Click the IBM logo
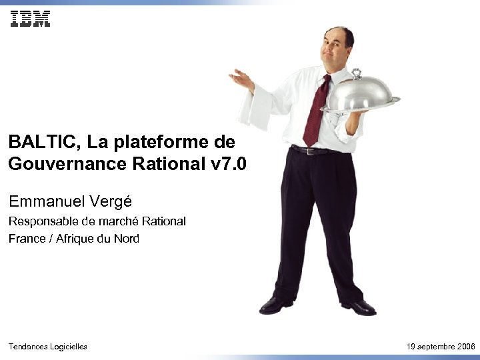click(30, 19)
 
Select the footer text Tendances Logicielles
click(47, 347)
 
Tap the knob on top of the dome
click(357, 72)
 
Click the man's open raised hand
click(241, 80)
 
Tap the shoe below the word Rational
click(275, 305)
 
